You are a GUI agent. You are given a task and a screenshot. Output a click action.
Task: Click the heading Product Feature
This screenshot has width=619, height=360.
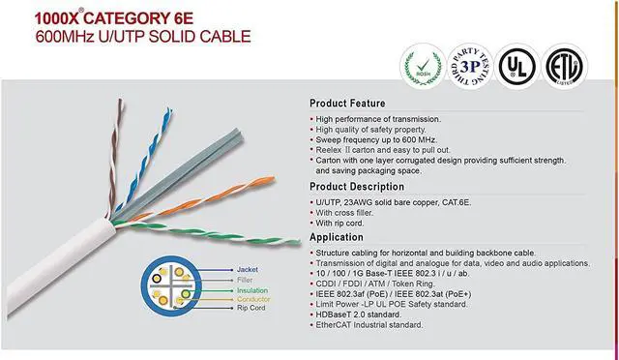(x=347, y=104)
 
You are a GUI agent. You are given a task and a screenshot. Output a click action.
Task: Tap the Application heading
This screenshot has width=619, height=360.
(x=339, y=236)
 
